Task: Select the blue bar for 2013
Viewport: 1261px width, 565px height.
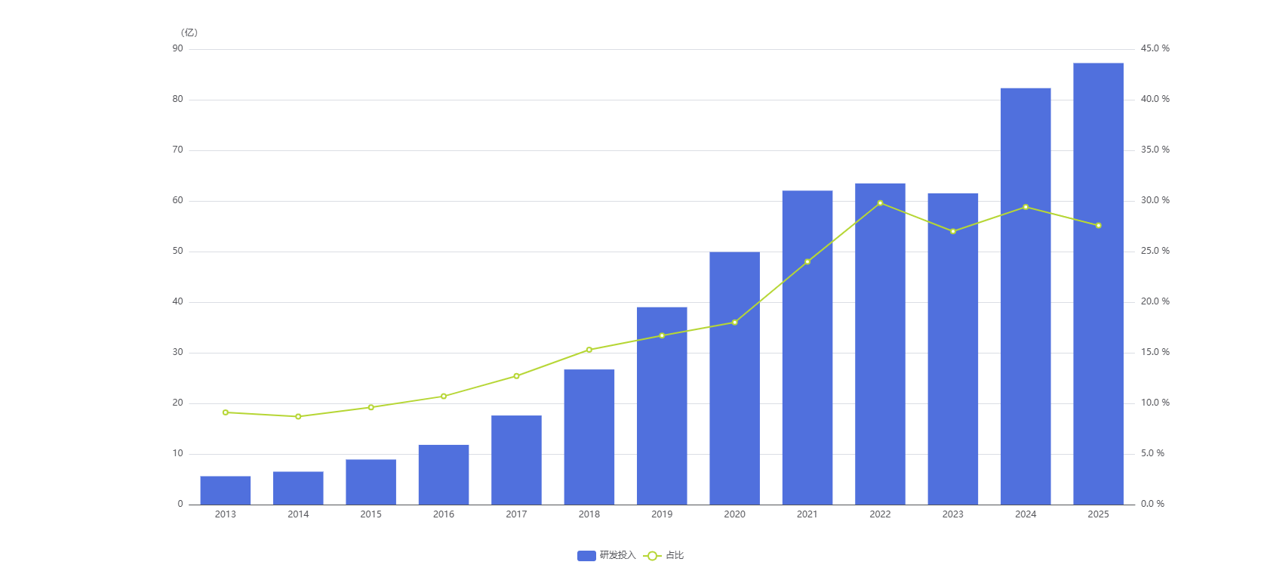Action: tap(225, 490)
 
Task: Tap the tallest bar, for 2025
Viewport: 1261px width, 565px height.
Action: tap(1098, 283)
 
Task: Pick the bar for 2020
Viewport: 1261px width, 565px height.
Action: tap(734, 378)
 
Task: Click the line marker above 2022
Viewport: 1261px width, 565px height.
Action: tap(880, 203)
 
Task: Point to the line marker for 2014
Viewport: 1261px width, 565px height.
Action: tap(298, 416)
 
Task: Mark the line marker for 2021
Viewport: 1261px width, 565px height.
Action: tap(807, 262)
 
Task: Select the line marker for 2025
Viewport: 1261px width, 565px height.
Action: tap(1098, 226)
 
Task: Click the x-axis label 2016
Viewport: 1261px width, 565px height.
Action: tap(444, 514)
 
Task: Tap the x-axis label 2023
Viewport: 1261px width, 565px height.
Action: tap(952, 514)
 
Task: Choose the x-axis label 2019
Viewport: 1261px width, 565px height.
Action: tap(662, 514)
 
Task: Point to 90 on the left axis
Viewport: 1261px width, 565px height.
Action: tap(178, 48)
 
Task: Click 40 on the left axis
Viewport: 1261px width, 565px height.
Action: tap(178, 301)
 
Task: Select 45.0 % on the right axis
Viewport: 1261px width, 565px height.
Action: tap(1155, 48)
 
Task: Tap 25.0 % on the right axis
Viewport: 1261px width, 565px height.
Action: tap(1155, 251)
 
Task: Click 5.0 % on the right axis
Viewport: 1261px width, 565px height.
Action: tap(1152, 453)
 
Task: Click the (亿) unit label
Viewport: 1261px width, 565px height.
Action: tap(189, 32)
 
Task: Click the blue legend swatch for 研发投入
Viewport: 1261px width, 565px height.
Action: tap(586, 556)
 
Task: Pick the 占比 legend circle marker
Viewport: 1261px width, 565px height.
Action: tap(652, 556)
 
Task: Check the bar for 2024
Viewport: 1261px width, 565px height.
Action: tap(1026, 296)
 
